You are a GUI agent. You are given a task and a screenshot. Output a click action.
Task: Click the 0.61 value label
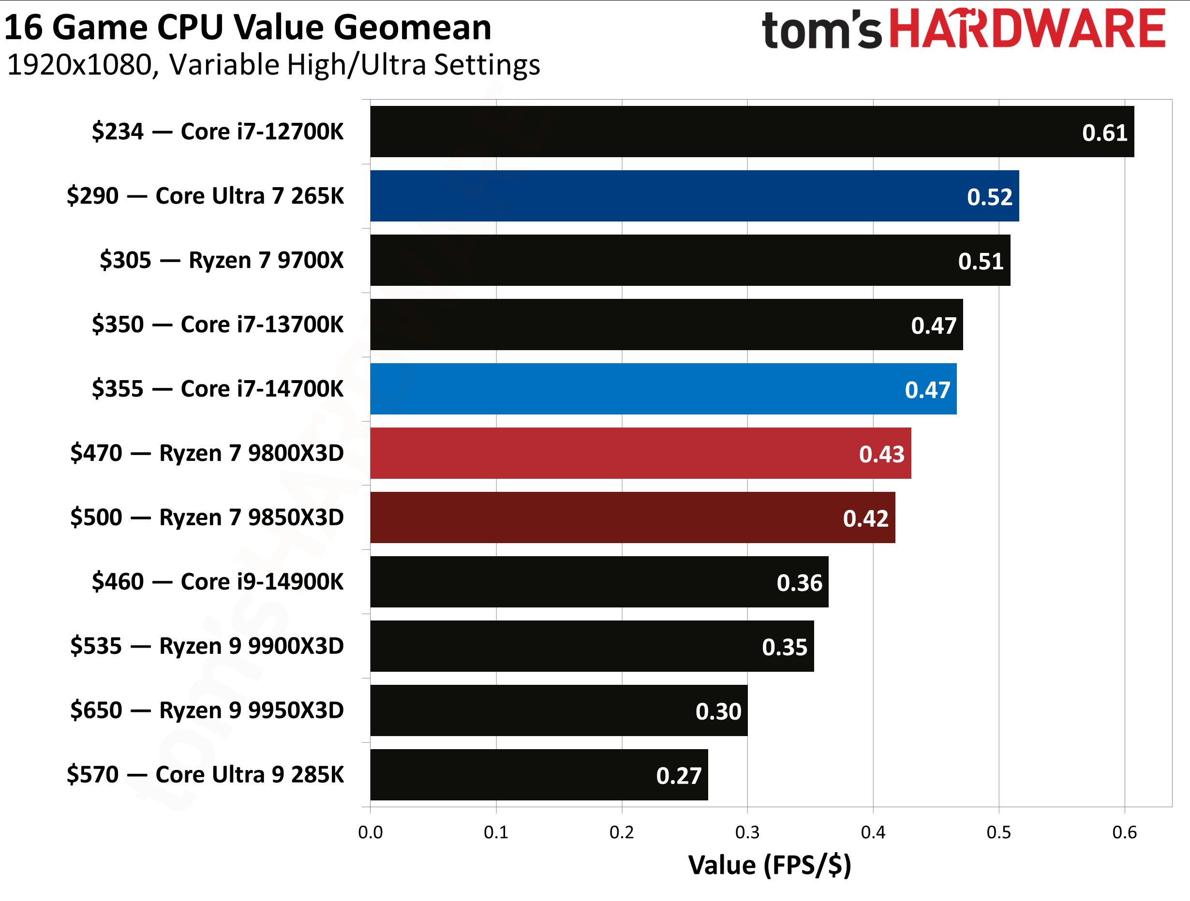click(1104, 133)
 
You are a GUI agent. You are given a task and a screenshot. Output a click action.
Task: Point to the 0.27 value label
click(678, 776)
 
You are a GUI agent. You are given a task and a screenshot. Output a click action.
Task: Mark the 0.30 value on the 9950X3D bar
click(718, 711)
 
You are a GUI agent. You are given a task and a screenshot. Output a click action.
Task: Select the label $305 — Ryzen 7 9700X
click(221, 260)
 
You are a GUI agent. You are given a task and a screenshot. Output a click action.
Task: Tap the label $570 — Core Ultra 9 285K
click(205, 775)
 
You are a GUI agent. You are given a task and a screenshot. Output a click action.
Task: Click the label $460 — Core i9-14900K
click(217, 581)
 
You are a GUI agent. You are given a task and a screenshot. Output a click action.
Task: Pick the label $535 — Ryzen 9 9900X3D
click(207, 646)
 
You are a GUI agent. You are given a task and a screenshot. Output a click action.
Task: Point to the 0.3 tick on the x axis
click(747, 833)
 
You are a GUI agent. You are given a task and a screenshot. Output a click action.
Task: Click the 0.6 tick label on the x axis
click(1124, 833)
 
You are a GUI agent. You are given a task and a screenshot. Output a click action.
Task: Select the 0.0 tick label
click(370, 833)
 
